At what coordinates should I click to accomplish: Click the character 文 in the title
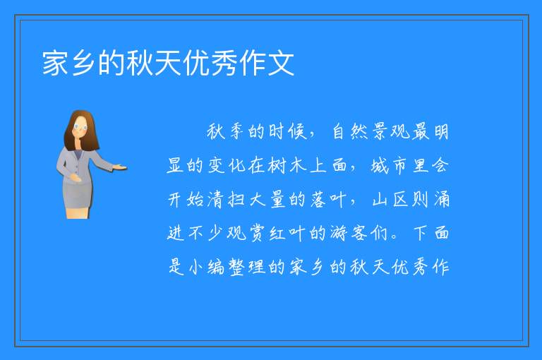[281, 64]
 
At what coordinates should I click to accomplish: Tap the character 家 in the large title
[55, 64]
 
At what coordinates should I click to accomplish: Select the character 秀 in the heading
[224, 64]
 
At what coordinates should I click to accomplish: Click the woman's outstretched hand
[120, 168]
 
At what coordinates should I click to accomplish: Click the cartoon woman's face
[80, 127]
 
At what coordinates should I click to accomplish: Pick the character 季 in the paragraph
[237, 132]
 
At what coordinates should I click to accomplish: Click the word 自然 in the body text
[349, 132]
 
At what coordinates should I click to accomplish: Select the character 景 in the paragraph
[380, 132]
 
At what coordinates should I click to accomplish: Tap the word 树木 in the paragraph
[288, 166]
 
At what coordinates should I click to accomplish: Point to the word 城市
[389, 166]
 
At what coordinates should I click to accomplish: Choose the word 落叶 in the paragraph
[328, 200]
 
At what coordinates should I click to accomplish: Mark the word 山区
[390, 200]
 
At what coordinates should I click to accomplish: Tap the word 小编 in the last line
[206, 267]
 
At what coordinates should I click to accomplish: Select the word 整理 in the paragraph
[247, 267]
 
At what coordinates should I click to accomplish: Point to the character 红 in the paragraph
[277, 233]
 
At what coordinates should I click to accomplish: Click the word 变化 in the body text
[227, 166]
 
